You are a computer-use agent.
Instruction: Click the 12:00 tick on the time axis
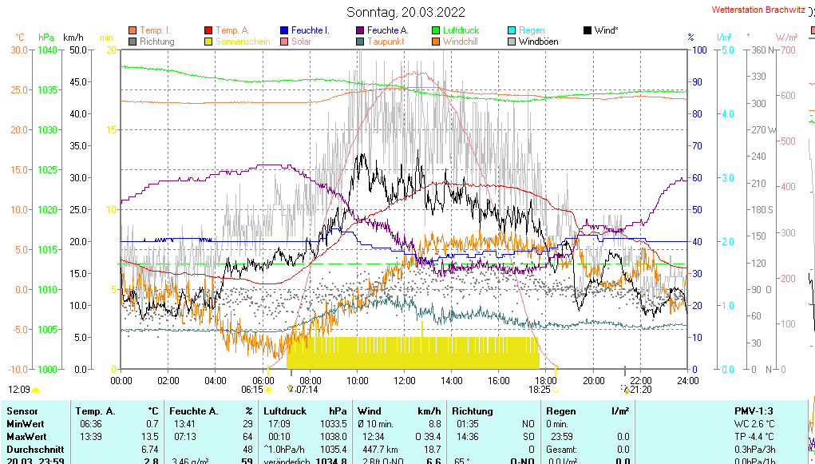pos(404,380)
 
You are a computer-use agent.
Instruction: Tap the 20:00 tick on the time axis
pos(592,380)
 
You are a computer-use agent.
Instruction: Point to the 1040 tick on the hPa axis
pos(47,50)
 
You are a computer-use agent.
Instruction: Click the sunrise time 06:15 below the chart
pos(252,390)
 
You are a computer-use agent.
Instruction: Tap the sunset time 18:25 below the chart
pos(540,390)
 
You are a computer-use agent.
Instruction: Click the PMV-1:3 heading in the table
pos(754,411)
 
